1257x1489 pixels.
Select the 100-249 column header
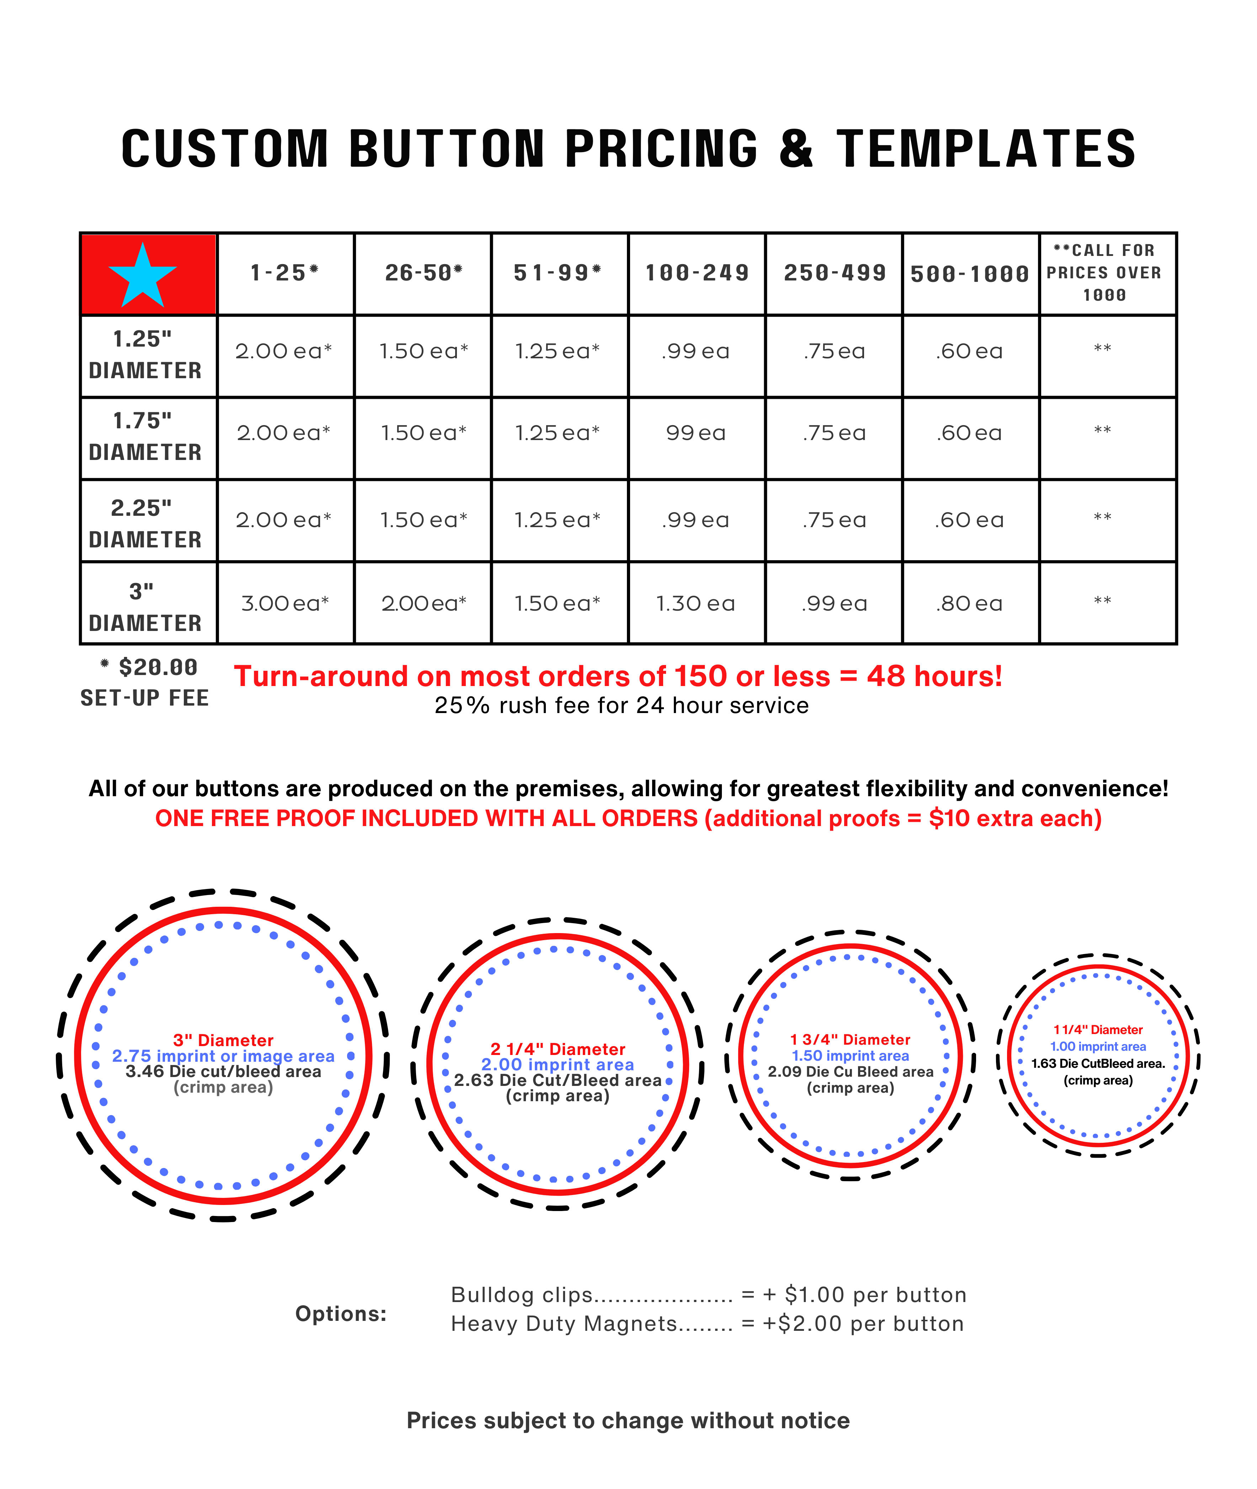coord(697,273)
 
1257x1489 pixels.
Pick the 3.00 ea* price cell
coord(285,604)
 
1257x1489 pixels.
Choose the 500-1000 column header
coord(970,274)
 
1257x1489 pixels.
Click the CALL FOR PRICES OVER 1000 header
coord(1104,273)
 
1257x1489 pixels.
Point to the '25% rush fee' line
coord(621,705)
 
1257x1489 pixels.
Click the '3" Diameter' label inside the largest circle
coord(223,1040)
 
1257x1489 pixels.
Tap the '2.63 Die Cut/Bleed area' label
coord(558,1080)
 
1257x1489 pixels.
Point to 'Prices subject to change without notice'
coord(628,1421)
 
